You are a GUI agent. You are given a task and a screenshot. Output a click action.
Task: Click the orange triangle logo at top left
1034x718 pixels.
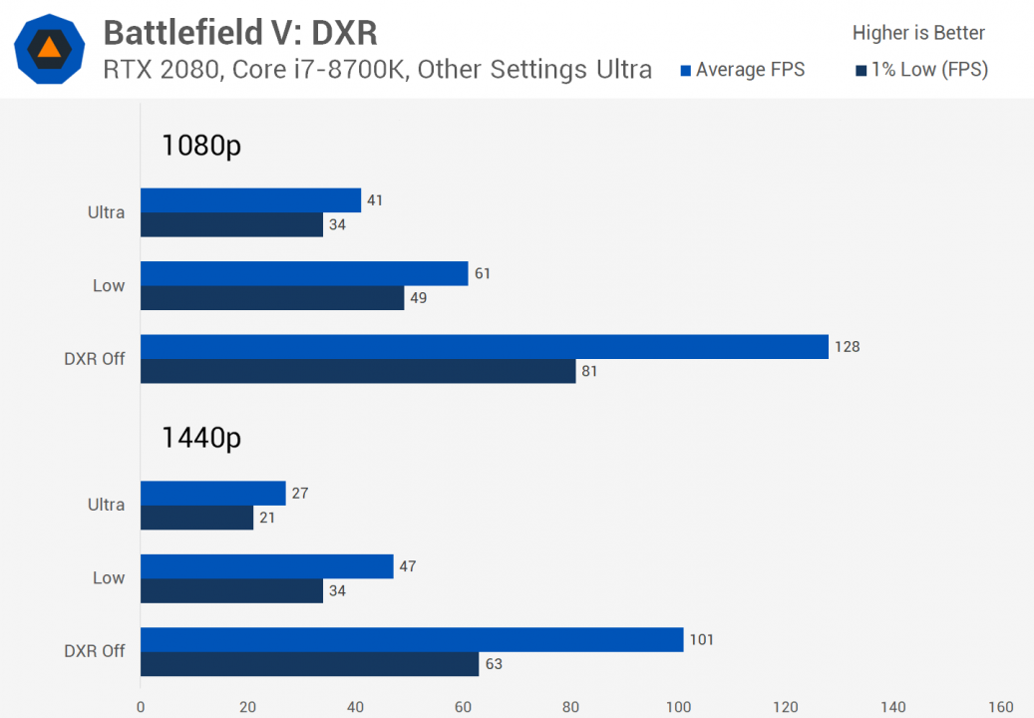[49, 48]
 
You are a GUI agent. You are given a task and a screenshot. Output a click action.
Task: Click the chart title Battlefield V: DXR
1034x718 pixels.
[240, 32]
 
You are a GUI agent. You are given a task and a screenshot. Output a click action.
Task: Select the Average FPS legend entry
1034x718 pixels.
[742, 70]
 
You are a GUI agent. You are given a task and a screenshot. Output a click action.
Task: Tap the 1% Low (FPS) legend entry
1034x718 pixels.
[921, 70]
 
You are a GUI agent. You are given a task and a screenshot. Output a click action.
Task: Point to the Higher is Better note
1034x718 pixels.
[918, 33]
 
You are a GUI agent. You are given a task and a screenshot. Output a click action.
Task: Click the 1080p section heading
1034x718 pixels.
[201, 147]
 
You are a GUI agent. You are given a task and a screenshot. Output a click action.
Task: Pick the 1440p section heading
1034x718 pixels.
[201, 438]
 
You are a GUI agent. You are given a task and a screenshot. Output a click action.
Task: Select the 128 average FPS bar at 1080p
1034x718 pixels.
[484, 346]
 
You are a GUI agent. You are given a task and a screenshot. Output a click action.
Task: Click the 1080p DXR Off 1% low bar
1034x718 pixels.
[358, 371]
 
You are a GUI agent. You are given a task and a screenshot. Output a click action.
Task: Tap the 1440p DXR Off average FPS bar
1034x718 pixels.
[411, 639]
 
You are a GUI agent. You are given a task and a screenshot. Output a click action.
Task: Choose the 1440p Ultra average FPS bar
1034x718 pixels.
[212, 493]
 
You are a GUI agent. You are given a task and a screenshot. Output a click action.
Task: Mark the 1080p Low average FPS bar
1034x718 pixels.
[304, 273]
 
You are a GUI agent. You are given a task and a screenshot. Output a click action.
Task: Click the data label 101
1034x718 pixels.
[703, 639]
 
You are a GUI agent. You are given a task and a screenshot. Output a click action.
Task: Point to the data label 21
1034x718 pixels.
[266, 518]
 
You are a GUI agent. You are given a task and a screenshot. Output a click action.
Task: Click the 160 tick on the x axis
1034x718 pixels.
[1000, 706]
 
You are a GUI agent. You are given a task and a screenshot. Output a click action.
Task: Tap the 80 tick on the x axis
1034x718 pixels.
[570, 706]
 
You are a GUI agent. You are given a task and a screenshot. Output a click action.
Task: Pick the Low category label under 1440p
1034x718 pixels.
[109, 577]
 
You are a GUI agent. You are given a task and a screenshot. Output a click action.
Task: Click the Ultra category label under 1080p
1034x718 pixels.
[107, 212]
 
